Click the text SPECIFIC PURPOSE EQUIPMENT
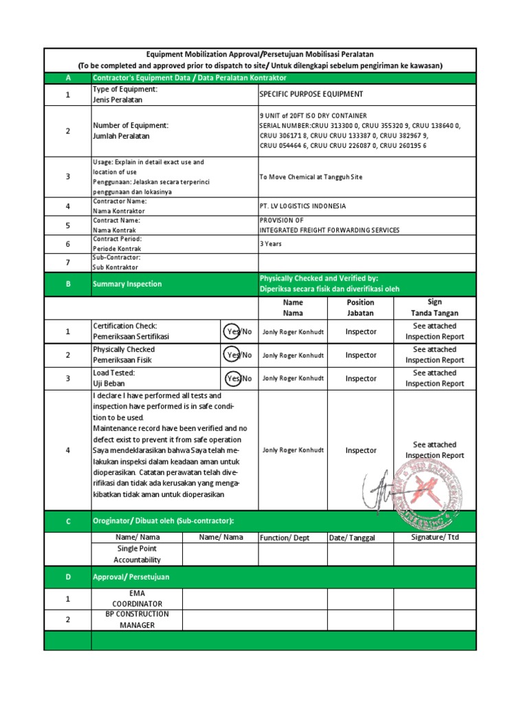click(x=311, y=94)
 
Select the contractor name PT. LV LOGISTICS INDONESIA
click(x=302, y=206)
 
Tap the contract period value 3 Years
click(x=270, y=243)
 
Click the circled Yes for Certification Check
click(x=234, y=331)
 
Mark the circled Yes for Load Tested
click(x=234, y=378)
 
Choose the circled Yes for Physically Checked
click(x=234, y=355)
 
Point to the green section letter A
click(x=67, y=78)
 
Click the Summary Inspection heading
click(x=127, y=284)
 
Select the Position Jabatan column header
click(x=360, y=307)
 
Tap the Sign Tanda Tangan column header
click(x=434, y=307)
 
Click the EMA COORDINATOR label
click(x=137, y=598)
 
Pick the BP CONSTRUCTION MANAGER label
click(x=137, y=619)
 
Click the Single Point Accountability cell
click(x=137, y=554)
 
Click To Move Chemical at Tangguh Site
click(x=310, y=177)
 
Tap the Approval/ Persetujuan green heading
click(x=131, y=577)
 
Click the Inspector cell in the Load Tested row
click(x=360, y=378)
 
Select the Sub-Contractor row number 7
click(x=67, y=262)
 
